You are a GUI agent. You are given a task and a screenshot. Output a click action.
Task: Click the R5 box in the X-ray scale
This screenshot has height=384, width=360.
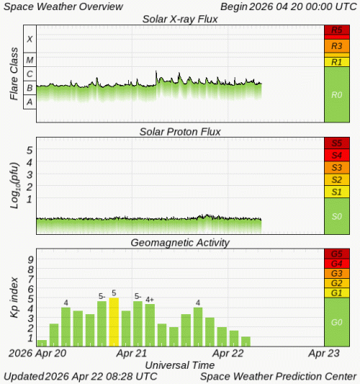point(337,31)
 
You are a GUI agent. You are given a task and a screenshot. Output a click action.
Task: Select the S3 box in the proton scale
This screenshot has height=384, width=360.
point(337,167)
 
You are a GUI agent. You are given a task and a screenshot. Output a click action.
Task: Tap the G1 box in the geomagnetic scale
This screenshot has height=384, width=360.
point(337,293)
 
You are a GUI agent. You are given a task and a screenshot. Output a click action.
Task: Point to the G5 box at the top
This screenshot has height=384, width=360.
point(337,254)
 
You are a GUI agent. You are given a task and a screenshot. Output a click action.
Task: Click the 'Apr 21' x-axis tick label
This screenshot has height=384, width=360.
point(132,354)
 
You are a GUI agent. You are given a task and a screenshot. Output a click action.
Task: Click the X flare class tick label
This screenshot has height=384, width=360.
point(30,39)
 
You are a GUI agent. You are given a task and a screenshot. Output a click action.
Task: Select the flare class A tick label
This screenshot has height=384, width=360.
point(30,102)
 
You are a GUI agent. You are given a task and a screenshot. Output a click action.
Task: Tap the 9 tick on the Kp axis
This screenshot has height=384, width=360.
point(30,260)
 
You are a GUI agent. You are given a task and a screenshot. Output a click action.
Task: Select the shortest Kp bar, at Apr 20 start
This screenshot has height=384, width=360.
point(42,343)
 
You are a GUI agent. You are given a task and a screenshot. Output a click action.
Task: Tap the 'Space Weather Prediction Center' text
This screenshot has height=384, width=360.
point(278,376)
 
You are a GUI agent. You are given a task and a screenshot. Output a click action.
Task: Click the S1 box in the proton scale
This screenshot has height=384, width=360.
point(337,192)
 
